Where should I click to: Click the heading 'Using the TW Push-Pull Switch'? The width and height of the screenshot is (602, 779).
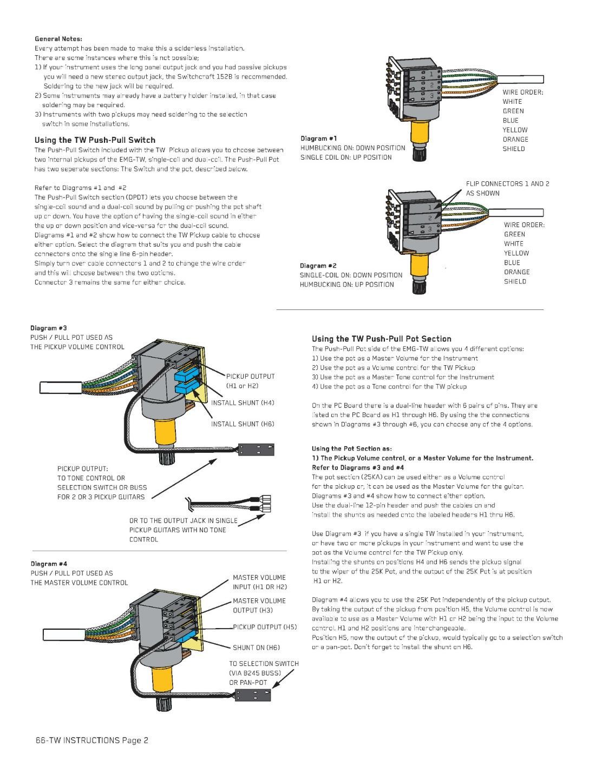(x=95, y=140)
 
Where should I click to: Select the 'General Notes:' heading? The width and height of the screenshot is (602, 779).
(x=58, y=39)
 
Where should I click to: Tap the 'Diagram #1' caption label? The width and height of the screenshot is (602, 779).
(x=319, y=138)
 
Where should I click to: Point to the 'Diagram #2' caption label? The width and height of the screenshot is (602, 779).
(x=318, y=266)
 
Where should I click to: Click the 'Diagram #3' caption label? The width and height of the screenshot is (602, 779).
(x=49, y=328)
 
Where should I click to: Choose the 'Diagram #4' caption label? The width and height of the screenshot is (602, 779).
(x=49, y=564)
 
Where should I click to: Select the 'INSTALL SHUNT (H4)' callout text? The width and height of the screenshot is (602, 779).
(x=243, y=403)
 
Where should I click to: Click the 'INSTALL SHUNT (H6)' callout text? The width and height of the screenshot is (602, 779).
(x=243, y=424)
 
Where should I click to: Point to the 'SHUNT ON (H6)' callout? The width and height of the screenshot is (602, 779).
(x=256, y=648)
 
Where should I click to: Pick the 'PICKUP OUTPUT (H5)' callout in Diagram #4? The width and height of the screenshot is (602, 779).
(x=265, y=627)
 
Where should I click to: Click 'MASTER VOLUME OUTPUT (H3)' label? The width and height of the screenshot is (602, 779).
(x=259, y=605)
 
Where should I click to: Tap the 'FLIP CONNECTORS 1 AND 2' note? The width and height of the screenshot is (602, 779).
(x=507, y=184)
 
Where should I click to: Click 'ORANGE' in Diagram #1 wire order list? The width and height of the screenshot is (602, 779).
(x=515, y=140)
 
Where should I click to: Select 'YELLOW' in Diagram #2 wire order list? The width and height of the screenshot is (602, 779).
(x=516, y=253)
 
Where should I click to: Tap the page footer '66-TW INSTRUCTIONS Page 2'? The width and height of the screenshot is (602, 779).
(x=92, y=740)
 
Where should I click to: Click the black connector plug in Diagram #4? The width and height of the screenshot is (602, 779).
(x=252, y=694)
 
